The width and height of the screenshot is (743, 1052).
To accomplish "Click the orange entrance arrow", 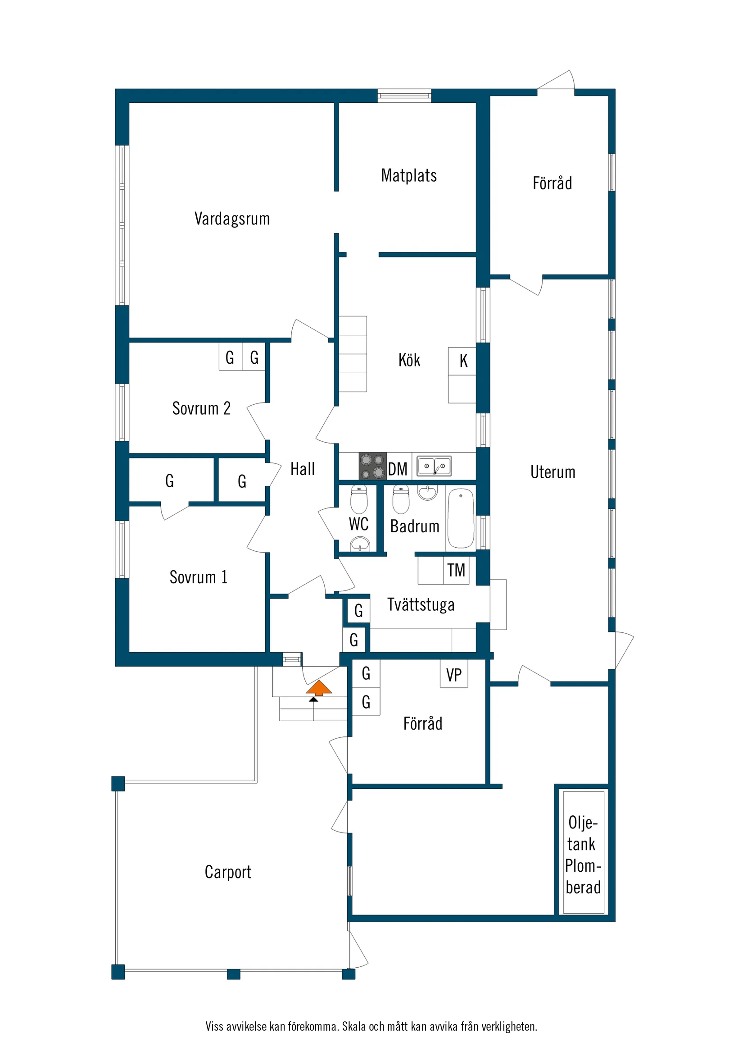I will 319,688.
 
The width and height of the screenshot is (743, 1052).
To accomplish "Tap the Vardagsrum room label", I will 232,219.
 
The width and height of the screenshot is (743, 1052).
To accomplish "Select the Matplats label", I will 409,175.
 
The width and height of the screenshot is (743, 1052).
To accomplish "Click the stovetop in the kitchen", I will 373,466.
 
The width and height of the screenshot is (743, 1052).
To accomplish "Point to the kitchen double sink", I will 434,466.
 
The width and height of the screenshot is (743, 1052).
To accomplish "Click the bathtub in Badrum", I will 461,519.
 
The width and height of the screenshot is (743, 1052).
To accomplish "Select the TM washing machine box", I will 457,571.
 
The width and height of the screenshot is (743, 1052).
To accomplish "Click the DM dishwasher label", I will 398,469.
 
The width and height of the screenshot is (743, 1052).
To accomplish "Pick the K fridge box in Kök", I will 463,361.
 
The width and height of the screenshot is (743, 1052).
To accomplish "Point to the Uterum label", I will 553,472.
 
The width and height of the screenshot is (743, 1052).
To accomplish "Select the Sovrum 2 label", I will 201,408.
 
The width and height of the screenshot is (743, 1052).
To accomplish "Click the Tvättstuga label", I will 421,605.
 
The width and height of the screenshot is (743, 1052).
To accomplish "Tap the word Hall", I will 303,469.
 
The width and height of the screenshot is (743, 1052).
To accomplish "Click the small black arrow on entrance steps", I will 313,699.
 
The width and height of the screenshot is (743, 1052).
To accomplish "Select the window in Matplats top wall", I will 404,95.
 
